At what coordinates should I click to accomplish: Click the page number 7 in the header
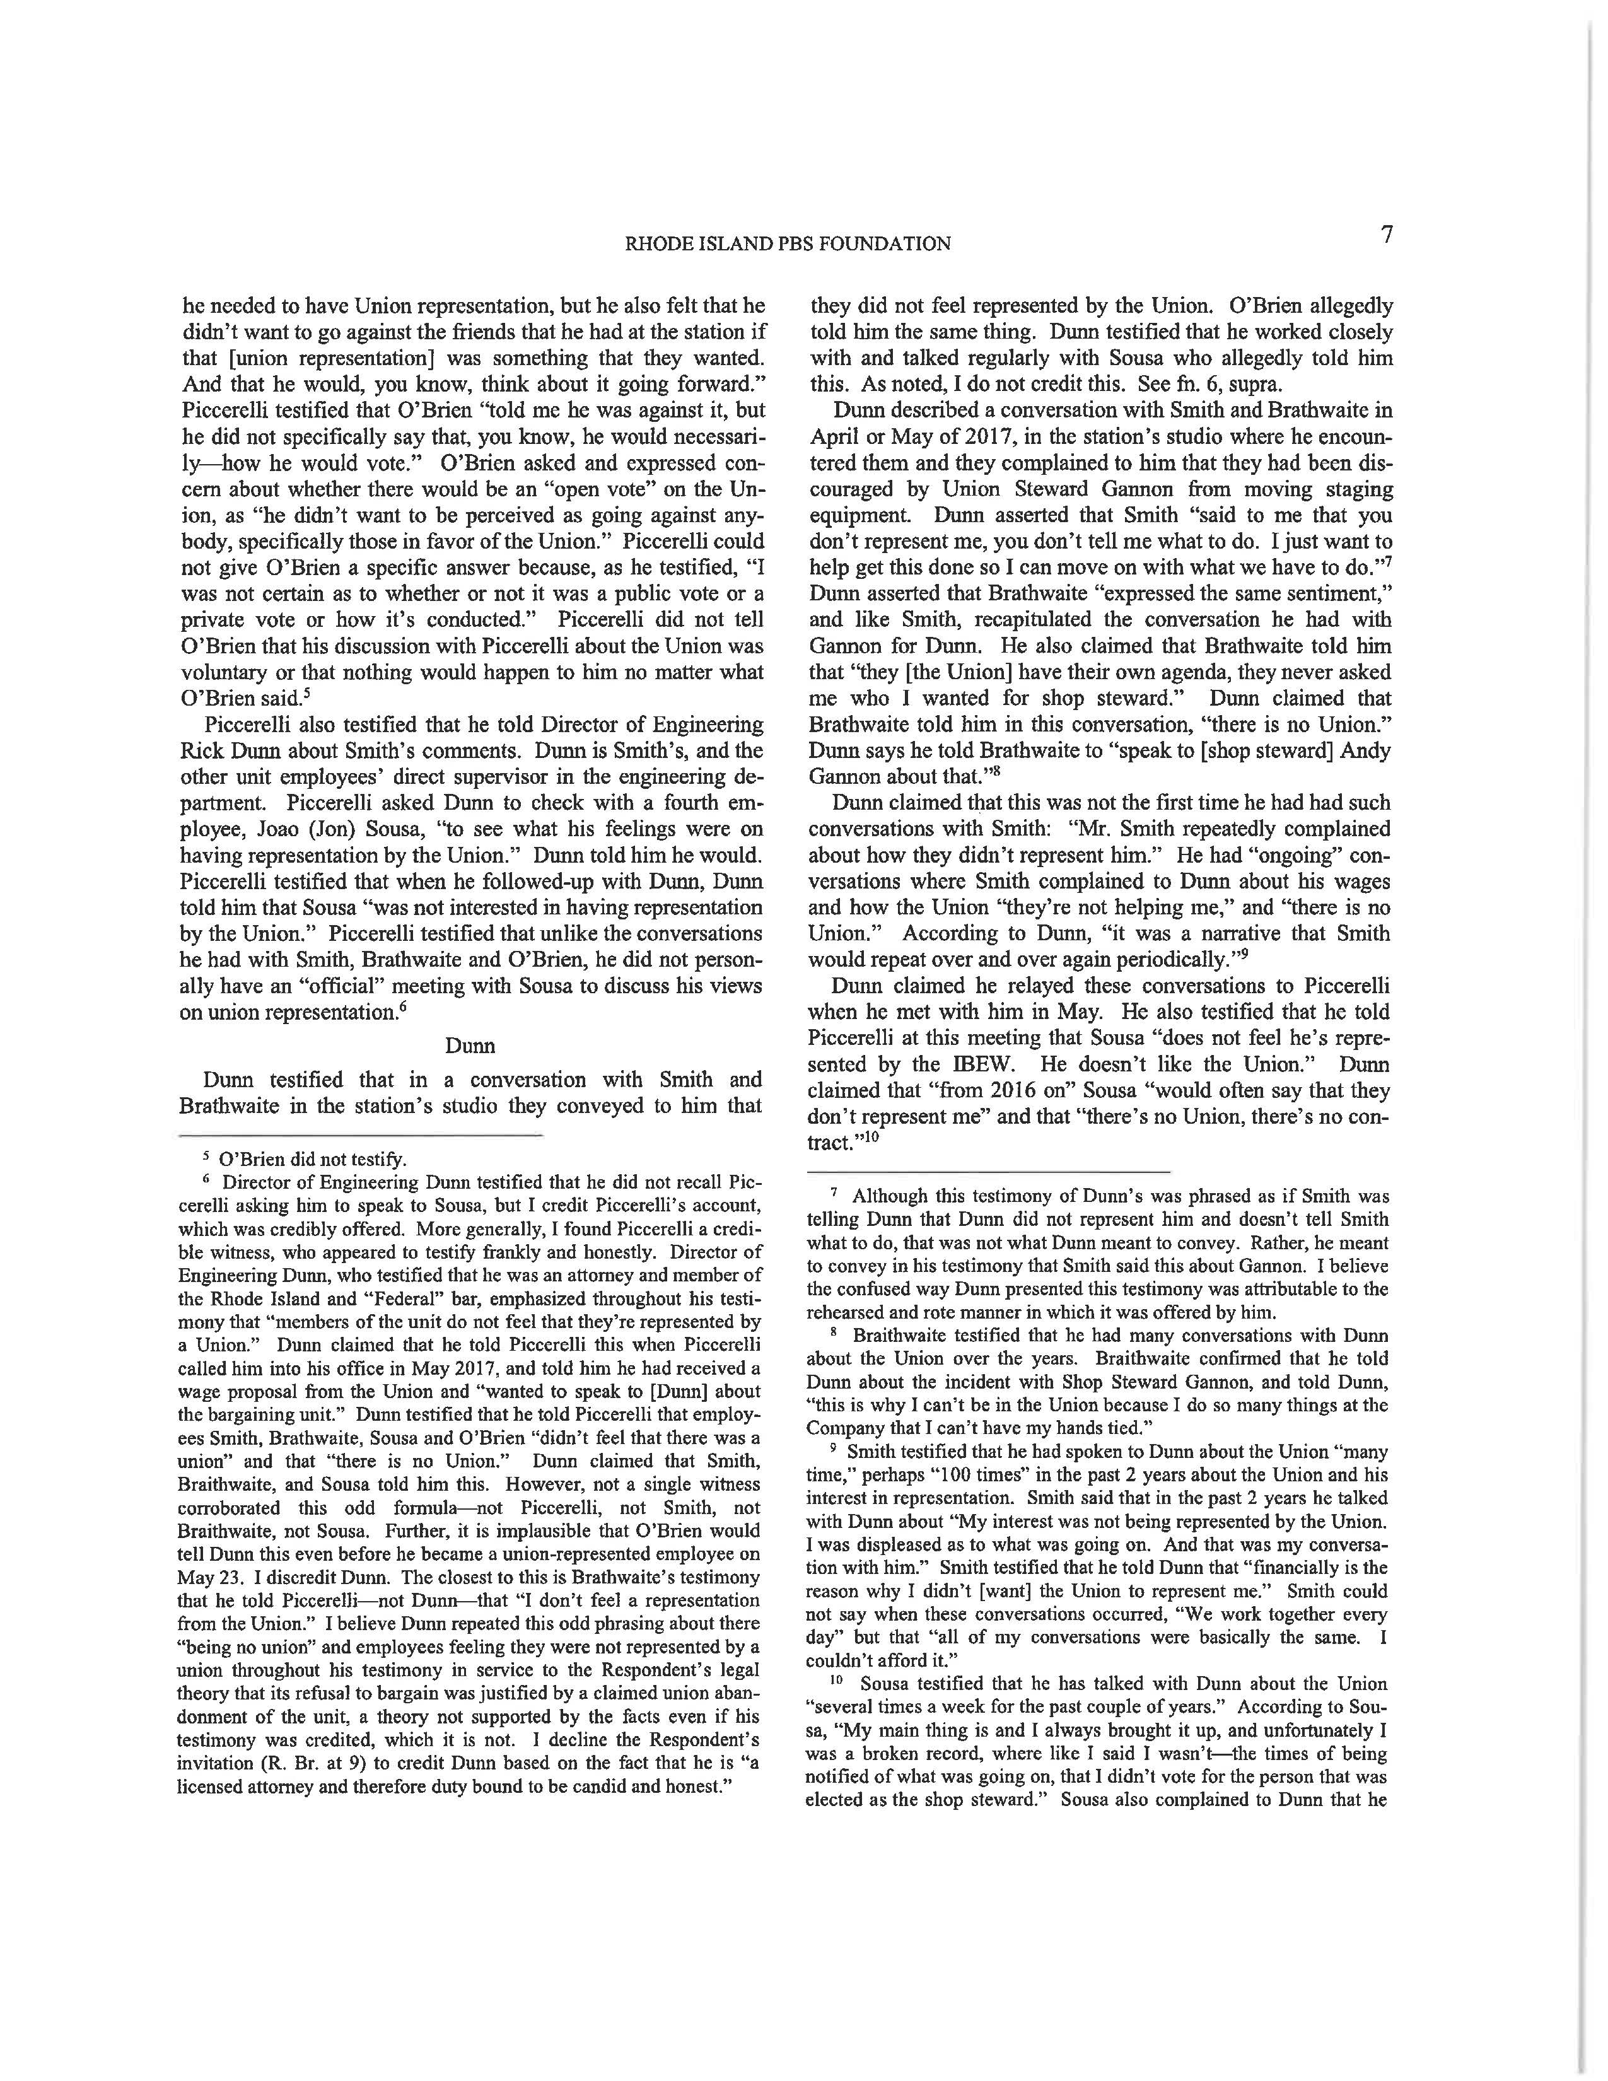[x=1388, y=235]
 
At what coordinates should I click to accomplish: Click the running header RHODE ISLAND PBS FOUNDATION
[x=787, y=244]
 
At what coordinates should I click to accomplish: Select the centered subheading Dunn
[x=470, y=1046]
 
